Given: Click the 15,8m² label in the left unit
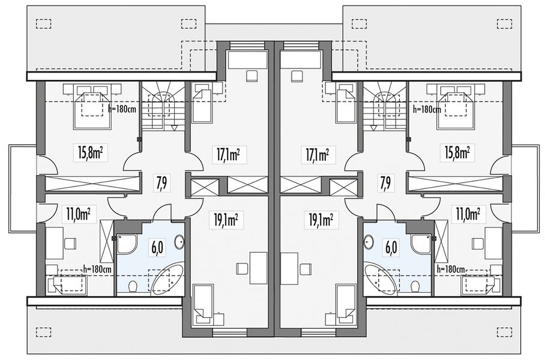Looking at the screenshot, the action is (90, 153).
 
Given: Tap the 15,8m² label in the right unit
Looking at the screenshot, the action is (458, 153).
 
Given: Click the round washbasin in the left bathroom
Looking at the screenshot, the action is (179, 242).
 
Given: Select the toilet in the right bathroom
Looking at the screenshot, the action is (414, 286).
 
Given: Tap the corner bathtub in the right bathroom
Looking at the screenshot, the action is (381, 278).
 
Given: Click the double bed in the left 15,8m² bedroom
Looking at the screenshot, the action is (92, 106).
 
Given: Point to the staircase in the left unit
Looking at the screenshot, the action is (163, 106).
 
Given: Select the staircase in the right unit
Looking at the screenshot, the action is (385, 106).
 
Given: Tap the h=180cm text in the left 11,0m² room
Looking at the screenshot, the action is (98, 269).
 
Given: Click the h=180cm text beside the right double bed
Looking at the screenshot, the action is (427, 109).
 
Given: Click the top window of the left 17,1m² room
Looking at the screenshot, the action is (242, 46).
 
